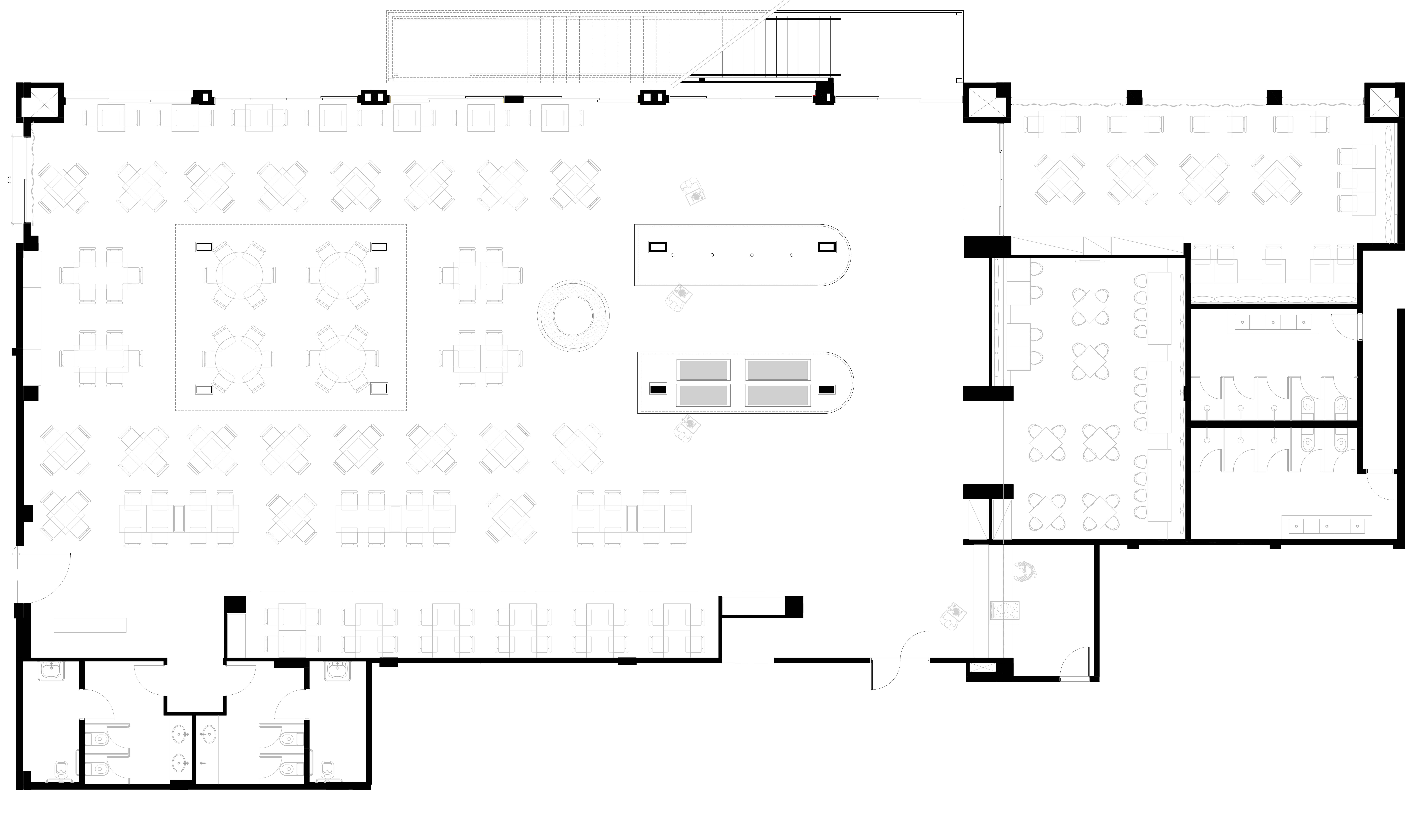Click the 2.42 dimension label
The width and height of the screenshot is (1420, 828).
10,180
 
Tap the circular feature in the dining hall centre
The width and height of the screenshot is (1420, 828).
573,316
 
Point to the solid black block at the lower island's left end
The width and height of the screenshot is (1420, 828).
658,389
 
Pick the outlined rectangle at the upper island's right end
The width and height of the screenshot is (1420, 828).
826,247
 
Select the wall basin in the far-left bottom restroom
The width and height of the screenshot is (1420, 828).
52,671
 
